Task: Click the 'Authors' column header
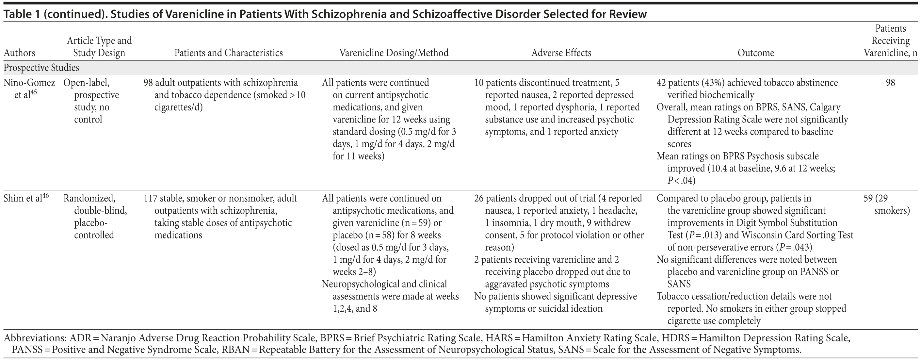[19, 53]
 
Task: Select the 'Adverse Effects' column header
[561, 53]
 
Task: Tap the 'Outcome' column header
[755, 53]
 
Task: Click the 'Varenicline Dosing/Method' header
[394, 53]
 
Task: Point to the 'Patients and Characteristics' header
[229, 53]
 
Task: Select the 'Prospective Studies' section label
[41, 68]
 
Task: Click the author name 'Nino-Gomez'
[29, 83]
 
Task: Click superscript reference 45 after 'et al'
[34, 92]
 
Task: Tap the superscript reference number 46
[45, 195]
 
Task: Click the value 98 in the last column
[890, 83]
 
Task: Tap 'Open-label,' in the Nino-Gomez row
[86, 83]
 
